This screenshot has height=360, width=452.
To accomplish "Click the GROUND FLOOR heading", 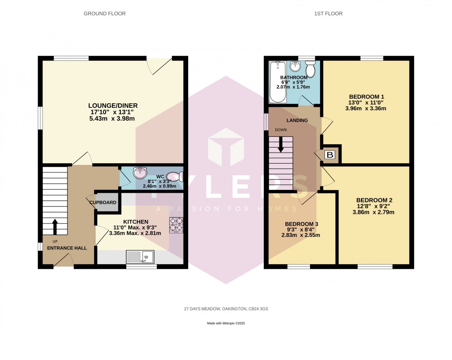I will point(104,14).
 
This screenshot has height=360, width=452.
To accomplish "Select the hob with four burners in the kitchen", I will point(176,224).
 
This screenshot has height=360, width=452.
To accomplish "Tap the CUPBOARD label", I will point(103,202).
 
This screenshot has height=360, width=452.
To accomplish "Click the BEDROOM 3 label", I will point(301,224).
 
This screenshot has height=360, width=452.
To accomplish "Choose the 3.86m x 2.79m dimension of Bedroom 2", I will point(374,212).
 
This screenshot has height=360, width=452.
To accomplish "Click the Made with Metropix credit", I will point(226,325).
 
